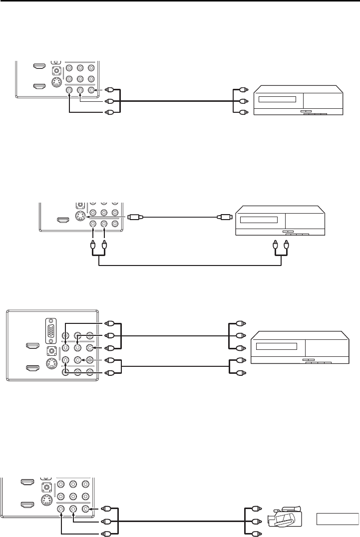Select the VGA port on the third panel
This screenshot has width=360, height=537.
[51, 329]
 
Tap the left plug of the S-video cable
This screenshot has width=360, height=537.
[135, 217]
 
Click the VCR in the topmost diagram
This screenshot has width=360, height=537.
[299, 100]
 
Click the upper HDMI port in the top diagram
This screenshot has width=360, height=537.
[38, 66]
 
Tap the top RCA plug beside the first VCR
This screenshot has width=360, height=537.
[242, 90]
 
